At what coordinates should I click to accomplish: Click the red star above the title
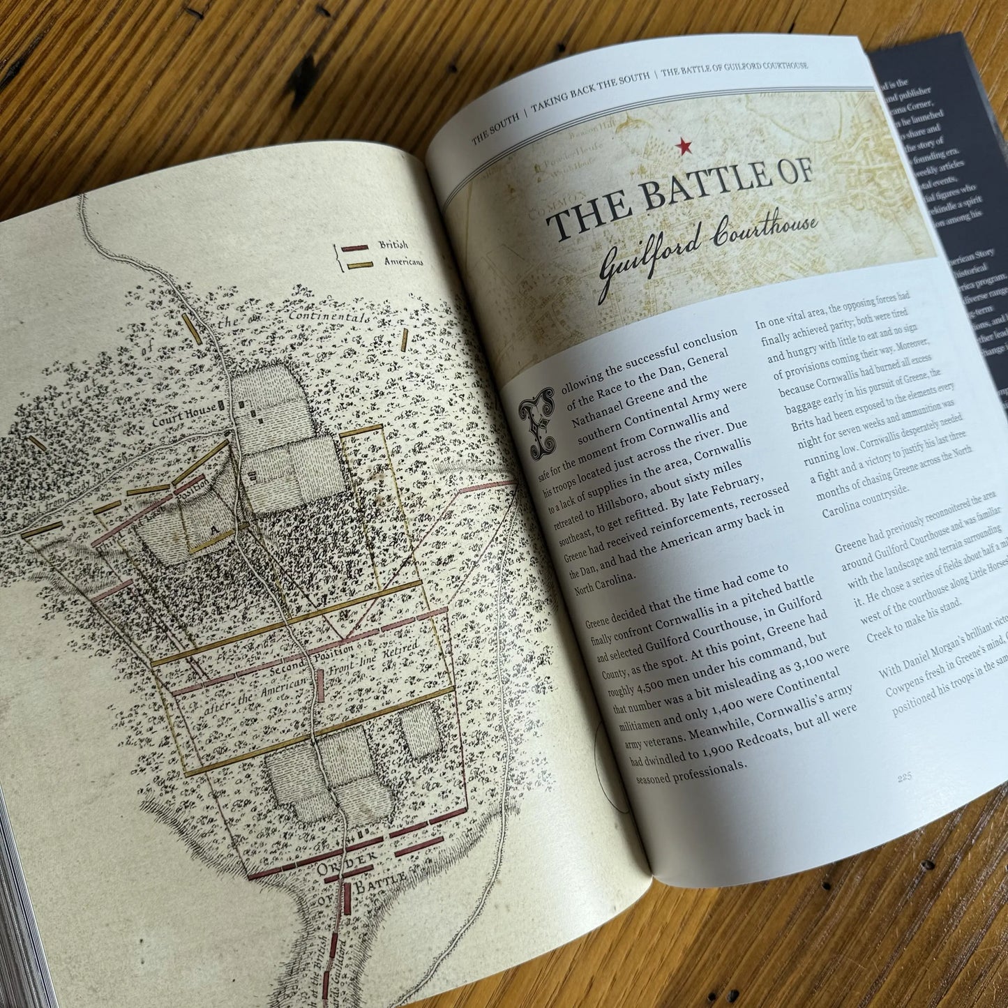pyautogui.click(x=683, y=146)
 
